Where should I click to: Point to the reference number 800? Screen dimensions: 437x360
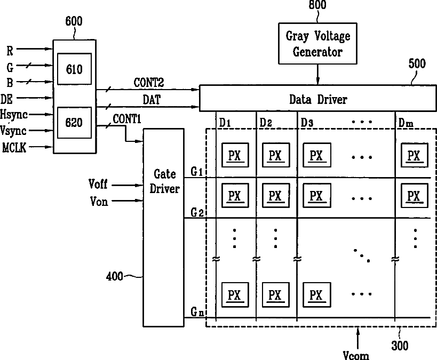(317, 5)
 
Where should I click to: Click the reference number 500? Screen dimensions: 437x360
(417, 64)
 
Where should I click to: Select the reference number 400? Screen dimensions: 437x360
(114, 276)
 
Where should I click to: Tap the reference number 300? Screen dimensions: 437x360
(400, 346)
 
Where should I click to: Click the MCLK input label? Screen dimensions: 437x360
(14, 147)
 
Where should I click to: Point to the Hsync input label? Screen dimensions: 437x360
(14, 115)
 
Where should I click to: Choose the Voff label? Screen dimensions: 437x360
(98, 184)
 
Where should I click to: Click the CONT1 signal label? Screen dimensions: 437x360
(127, 119)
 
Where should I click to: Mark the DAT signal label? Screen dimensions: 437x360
(152, 100)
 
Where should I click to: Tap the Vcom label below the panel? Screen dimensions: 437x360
(356, 355)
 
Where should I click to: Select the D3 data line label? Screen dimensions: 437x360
(307, 122)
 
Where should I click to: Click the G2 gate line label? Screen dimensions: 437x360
(197, 213)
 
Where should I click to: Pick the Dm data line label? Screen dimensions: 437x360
(406, 122)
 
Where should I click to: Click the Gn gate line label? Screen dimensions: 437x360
(197, 311)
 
